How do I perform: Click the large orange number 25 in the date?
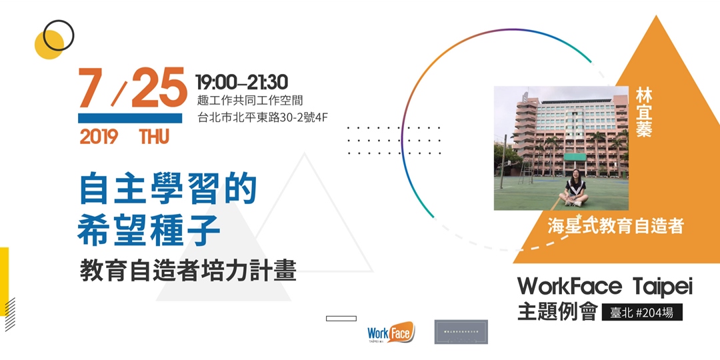click(159, 89)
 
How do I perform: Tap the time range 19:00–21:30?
click(241, 82)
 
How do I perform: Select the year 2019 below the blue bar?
click(99, 137)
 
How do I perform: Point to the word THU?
click(154, 137)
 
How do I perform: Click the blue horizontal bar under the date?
click(130, 118)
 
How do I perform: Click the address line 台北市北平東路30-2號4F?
click(262, 118)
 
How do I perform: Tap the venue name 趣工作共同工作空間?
click(250, 101)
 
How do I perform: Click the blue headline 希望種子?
click(149, 231)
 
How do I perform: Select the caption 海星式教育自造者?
click(615, 226)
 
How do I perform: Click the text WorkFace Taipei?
click(605, 287)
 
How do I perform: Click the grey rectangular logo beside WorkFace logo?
click(461, 331)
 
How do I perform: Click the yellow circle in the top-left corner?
click(47, 45)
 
